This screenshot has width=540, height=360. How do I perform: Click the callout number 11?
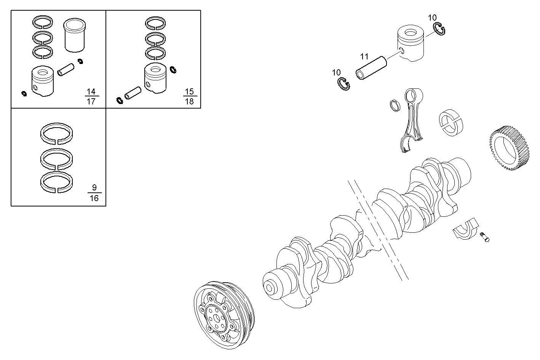click(x=364, y=57)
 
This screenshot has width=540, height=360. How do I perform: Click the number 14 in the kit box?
click(x=91, y=91)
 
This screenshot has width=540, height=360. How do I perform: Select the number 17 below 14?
click(x=91, y=101)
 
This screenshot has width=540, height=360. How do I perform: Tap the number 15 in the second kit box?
click(x=189, y=91)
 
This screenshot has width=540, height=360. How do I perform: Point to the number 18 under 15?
click(x=189, y=101)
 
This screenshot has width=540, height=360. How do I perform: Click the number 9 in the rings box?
click(x=94, y=187)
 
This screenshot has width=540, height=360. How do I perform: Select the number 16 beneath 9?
click(x=94, y=198)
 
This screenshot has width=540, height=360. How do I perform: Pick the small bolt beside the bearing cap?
click(x=485, y=237)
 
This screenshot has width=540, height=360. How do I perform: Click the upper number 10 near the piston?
click(x=432, y=18)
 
